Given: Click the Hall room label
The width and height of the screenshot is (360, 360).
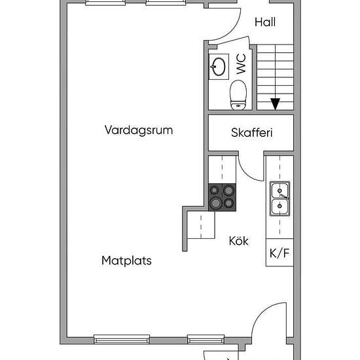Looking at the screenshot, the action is pos(265,22).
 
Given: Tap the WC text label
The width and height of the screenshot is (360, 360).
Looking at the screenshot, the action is pos(241,64).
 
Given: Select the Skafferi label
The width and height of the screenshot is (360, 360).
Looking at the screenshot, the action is pos(252,133).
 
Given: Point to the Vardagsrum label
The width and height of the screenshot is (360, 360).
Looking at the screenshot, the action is pos(139,130).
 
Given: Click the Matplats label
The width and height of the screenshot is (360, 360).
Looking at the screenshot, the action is pos(126,261).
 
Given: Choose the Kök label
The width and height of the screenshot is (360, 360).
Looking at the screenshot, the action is pos(239,241).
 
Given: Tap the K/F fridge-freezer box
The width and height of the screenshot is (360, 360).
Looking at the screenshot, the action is pos(279,253).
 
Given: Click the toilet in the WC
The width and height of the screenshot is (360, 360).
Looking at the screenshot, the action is pos(238,95).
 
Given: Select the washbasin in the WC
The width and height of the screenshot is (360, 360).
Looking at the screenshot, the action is pos(219,67).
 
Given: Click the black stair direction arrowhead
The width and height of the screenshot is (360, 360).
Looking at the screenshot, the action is pos(276,104).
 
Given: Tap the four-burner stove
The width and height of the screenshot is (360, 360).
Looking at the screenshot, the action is pos(222,197).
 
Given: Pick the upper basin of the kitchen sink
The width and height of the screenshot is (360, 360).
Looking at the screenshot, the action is pos(279,190).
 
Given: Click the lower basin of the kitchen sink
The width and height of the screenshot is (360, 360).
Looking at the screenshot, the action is pos(279,206).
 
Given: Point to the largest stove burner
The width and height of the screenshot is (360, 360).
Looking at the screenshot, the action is pos(215,203).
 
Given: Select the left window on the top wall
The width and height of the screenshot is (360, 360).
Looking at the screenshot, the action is pos(105,3).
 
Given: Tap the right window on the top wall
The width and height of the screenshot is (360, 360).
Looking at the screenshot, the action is pos(166,3).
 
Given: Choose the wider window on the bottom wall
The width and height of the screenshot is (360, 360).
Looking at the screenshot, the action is pos(122,339).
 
